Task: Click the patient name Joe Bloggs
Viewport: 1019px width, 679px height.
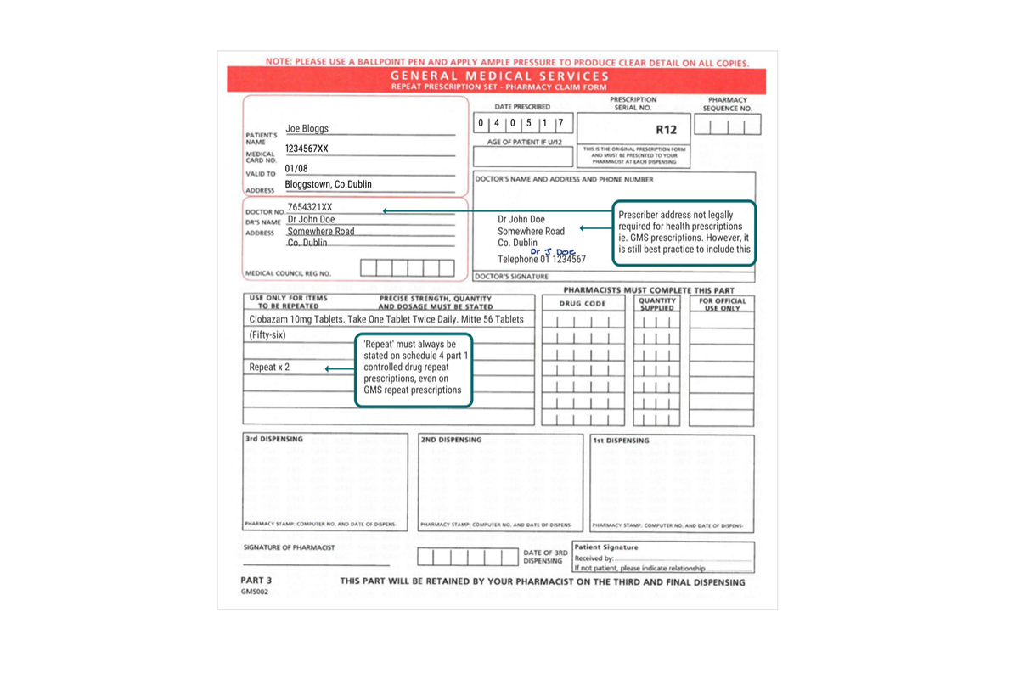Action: click(307, 129)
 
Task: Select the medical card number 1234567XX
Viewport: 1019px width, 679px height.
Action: click(307, 149)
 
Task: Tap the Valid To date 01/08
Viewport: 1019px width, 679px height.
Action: click(296, 169)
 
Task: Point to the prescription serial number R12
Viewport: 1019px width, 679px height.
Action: click(667, 130)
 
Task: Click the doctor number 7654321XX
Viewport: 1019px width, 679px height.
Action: click(310, 207)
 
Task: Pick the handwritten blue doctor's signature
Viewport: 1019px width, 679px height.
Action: click(553, 252)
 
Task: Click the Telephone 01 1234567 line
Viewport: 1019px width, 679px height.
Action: click(541, 260)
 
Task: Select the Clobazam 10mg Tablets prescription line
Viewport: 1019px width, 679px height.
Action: click(386, 320)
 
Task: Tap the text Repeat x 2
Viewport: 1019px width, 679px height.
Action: click(269, 368)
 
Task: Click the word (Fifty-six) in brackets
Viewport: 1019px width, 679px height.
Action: click(267, 335)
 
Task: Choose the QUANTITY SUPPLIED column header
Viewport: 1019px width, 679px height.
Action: click(657, 304)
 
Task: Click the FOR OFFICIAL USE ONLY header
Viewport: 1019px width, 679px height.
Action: click(723, 304)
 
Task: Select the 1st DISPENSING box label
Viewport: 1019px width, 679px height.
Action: click(621, 441)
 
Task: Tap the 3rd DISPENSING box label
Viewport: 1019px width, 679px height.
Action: click(273, 440)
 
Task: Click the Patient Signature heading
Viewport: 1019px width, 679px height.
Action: click(606, 547)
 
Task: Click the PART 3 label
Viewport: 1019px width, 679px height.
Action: click(256, 581)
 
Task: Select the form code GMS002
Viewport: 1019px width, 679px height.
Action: click(254, 592)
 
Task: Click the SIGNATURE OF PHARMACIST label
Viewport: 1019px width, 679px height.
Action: click(289, 548)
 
